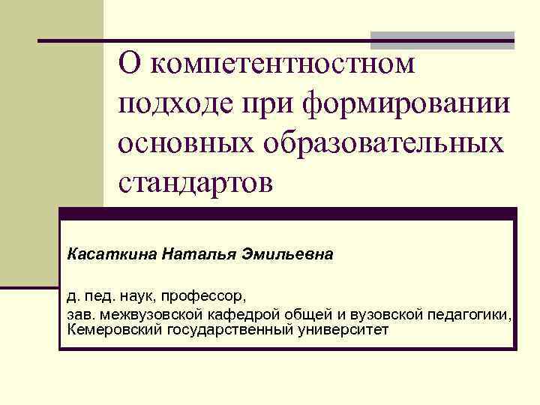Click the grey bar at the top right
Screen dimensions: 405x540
[x=443, y=35]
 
